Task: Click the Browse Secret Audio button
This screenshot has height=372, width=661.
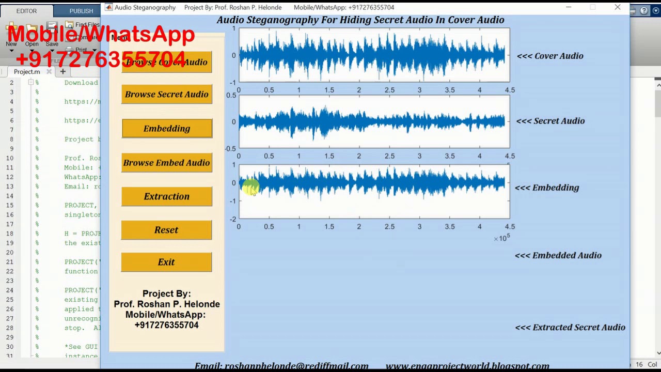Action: pyautogui.click(x=166, y=95)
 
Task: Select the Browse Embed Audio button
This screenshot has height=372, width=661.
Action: pyautogui.click(x=166, y=163)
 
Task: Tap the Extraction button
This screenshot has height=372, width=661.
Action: pyautogui.click(x=166, y=196)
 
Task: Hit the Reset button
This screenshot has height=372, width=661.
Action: pyautogui.click(x=166, y=230)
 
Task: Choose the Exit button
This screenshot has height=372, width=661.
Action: pyautogui.click(x=166, y=262)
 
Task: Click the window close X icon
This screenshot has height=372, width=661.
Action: pyautogui.click(x=618, y=7)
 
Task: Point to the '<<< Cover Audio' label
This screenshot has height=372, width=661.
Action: pyautogui.click(x=550, y=56)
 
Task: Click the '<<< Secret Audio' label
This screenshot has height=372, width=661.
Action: pyautogui.click(x=550, y=121)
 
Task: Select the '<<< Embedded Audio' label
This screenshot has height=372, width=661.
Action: pyautogui.click(x=558, y=255)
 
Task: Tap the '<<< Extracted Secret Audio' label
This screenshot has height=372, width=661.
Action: pyautogui.click(x=570, y=327)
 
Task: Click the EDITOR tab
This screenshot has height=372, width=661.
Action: pyautogui.click(x=26, y=11)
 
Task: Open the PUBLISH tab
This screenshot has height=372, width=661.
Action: pyautogui.click(x=81, y=11)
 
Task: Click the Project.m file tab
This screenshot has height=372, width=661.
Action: pyautogui.click(x=27, y=72)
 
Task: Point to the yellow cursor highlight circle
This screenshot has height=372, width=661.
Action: pyautogui.click(x=250, y=187)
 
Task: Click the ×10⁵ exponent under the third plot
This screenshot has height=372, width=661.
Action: pyautogui.click(x=501, y=238)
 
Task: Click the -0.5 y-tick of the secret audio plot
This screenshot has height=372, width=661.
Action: pyautogui.click(x=230, y=149)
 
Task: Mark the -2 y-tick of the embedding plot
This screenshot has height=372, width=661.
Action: pyautogui.click(x=233, y=219)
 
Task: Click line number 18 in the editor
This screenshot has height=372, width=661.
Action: pyautogui.click(x=11, y=234)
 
